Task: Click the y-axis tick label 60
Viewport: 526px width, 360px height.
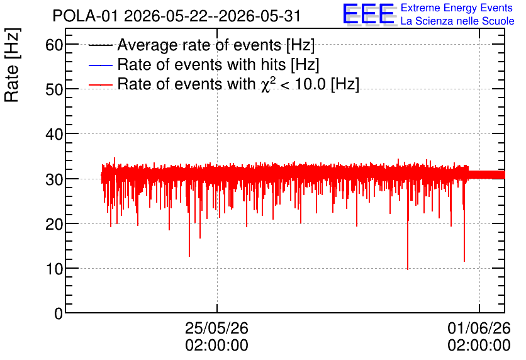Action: pyautogui.click(x=54, y=45)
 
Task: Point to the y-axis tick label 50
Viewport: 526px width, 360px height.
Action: pyautogui.click(x=54, y=89)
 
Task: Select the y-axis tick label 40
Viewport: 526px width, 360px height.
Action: pyautogui.click(x=54, y=134)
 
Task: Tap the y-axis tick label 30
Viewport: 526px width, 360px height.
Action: pyautogui.click(x=54, y=179)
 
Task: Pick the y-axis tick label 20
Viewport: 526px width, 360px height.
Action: pyautogui.click(x=54, y=224)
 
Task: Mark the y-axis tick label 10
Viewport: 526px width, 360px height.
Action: pyautogui.click(x=54, y=269)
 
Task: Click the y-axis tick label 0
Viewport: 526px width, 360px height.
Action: pyautogui.click(x=59, y=313)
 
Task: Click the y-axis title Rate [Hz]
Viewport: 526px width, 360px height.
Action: pyautogui.click(x=12, y=65)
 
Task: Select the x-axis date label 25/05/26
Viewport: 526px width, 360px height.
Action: pyautogui.click(x=216, y=328)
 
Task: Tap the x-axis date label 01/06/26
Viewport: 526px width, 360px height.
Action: pyautogui.click(x=479, y=328)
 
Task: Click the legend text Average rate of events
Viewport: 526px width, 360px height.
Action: pyautogui.click(x=199, y=45)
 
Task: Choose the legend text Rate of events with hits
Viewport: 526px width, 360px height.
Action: pyautogui.click(x=201, y=64)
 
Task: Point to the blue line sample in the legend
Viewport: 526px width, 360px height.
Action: pyautogui.click(x=100, y=65)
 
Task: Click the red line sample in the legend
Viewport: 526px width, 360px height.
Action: pyautogui.click(x=100, y=84)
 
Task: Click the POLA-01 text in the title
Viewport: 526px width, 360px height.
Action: pyautogui.click(x=85, y=16)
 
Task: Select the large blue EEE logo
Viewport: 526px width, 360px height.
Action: pyautogui.click(x=369, y=14)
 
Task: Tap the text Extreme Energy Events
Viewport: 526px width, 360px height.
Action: pyautogui.click(x=457, y=8)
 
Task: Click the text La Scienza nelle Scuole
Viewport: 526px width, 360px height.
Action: pyautogui.click(x=457, y=21)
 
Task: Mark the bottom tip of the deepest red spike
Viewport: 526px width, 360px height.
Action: pyautogui.click(x=408, y=269)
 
